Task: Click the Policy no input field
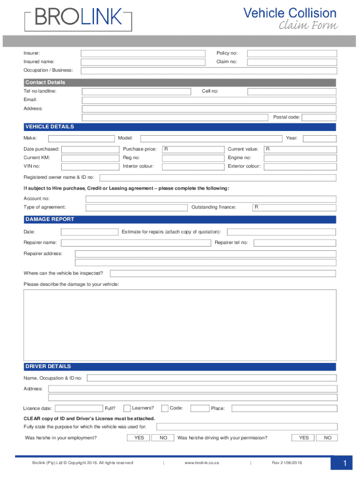pos(291,53)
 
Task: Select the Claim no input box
pos(291,62)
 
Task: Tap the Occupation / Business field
pos(209,71)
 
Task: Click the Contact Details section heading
pos(45,83)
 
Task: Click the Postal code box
pos(319,117)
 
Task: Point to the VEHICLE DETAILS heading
pos(50,127)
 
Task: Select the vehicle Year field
pos(321,138)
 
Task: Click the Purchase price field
pos(193,149)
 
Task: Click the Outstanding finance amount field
pos(294,208)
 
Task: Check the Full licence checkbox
pos(127,408)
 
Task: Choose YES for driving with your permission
pos(303,438)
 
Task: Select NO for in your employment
pos(163,438)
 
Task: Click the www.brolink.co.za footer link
pos(202,463)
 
